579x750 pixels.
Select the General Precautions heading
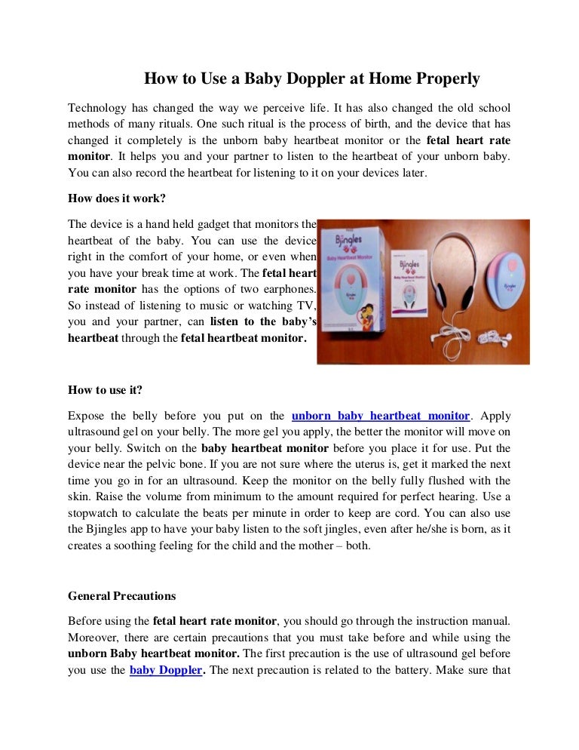(x=121, y=596)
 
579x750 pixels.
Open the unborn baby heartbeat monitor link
(x=381, y=416)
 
